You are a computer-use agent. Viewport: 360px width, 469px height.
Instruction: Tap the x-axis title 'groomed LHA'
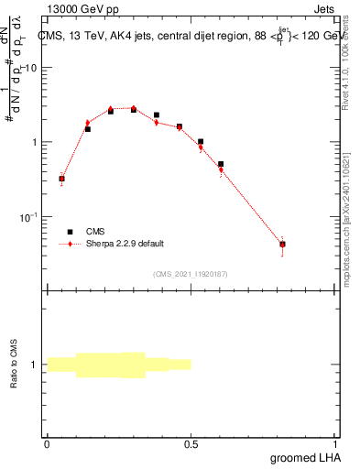306,457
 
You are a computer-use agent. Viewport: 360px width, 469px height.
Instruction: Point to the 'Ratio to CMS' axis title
15,364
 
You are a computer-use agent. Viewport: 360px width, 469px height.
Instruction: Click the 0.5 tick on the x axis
191,442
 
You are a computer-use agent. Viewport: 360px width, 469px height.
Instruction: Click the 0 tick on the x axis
47,442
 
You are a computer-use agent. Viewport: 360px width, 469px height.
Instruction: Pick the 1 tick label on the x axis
335,442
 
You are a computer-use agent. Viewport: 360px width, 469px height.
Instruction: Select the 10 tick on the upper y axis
30,69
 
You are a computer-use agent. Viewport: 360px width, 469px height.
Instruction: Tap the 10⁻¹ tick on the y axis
28,217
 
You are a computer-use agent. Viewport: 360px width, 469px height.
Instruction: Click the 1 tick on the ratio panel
34,365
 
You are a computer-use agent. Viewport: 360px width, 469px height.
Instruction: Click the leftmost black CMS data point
61,179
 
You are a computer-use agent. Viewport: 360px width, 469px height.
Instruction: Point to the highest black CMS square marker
134,109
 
